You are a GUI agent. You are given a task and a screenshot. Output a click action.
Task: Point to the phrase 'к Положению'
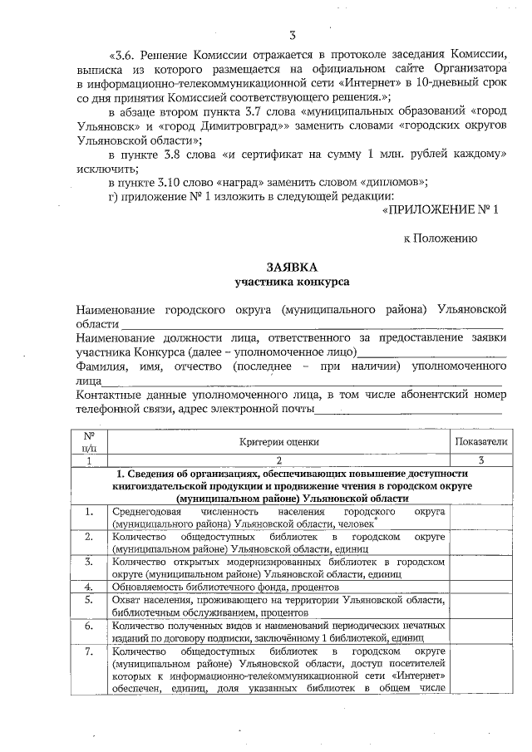440,238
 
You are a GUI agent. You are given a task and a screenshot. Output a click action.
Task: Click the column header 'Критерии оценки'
279,444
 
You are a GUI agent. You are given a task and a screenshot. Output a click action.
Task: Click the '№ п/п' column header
87,441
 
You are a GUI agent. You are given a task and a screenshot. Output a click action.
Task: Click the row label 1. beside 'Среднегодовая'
87,513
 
